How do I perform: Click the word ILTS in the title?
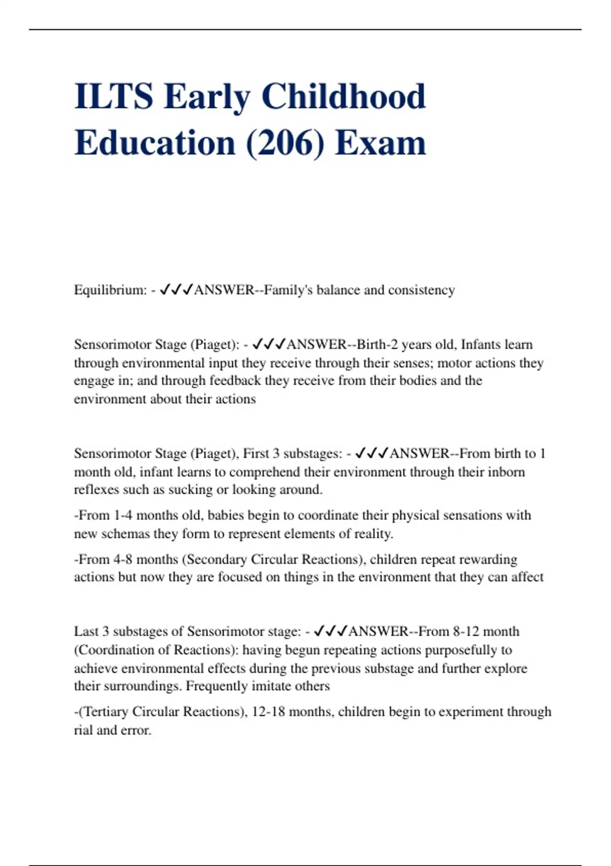tap(113, 96)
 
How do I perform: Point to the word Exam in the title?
tap(380, 143)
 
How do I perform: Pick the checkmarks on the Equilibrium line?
tap(176, 290)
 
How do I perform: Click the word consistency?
tap(422, 290)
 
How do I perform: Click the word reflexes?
tap(98, 490)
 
